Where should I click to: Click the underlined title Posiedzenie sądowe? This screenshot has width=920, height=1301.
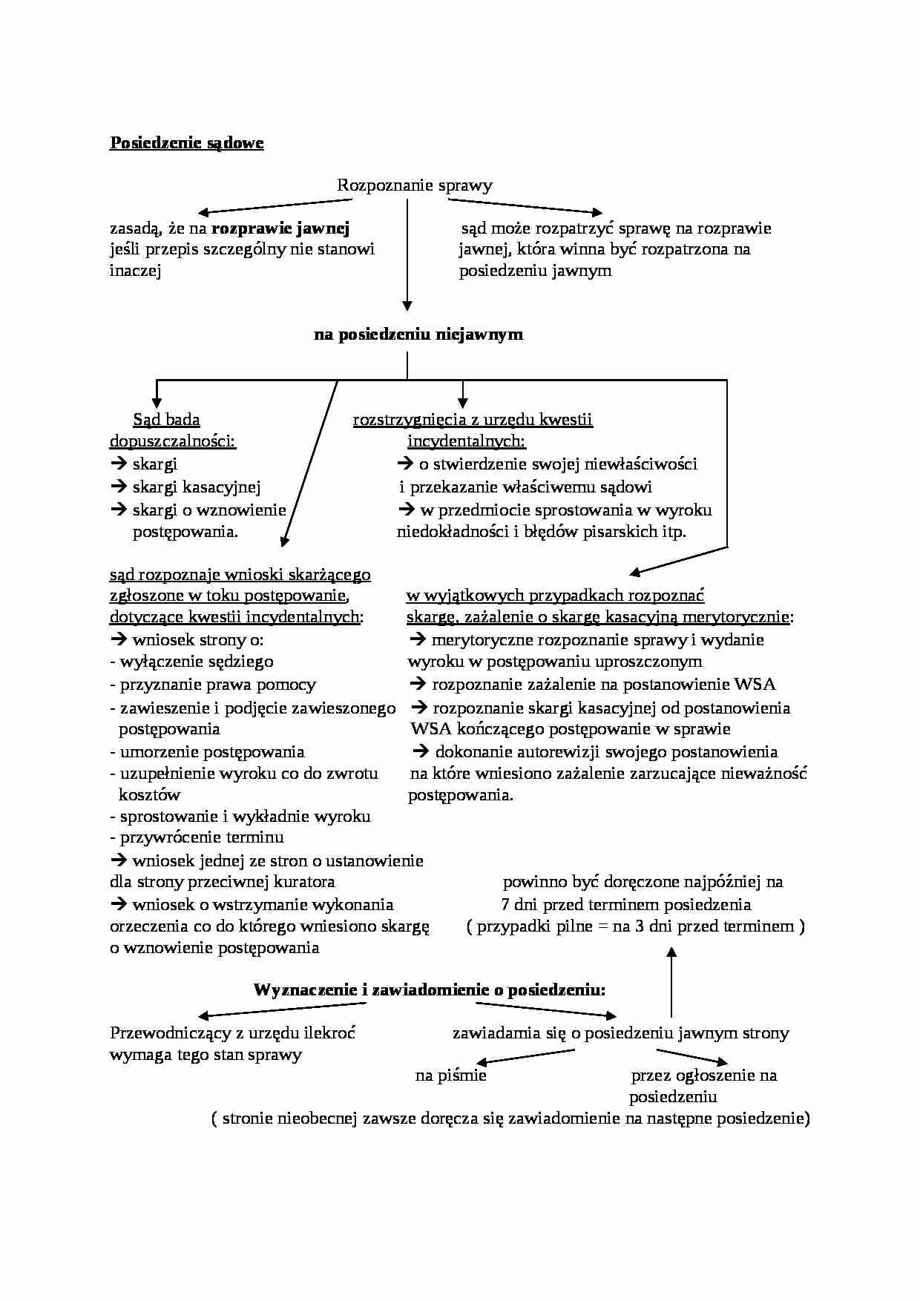186,143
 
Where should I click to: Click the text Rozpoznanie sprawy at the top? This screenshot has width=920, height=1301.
414,185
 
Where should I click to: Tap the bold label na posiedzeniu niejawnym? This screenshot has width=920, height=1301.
418,335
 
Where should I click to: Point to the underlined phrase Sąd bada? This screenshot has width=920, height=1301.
166,420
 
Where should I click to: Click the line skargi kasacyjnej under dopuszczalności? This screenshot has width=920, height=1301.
196,487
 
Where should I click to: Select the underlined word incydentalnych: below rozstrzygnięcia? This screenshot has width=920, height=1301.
466,441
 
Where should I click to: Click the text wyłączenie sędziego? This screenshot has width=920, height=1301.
196,662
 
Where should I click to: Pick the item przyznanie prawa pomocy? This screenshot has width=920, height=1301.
217,685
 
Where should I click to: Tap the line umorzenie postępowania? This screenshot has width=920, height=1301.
211,752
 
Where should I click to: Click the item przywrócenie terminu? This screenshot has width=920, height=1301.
201,837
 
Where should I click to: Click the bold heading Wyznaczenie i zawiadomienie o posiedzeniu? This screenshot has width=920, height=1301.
429,989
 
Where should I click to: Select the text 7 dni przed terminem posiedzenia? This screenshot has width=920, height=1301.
625,905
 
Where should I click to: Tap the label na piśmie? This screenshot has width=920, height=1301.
450,1076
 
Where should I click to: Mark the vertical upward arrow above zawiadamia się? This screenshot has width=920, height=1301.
671,982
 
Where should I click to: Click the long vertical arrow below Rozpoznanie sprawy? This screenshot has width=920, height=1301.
407,256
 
